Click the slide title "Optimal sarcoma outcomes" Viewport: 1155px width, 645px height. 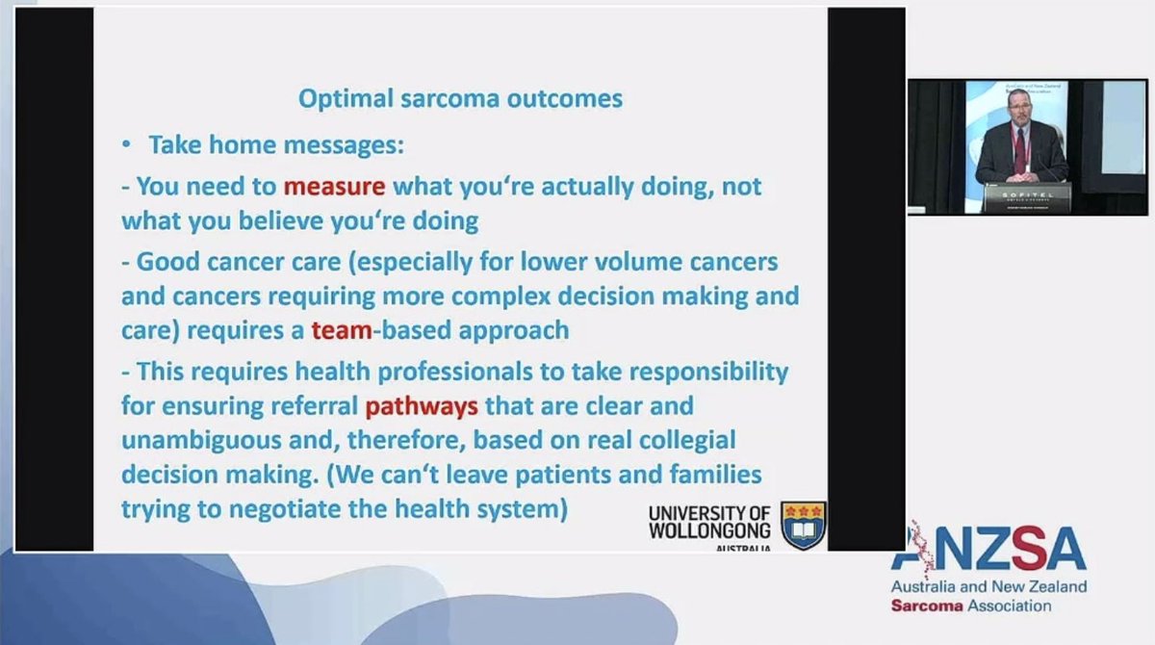[x=460, y=98]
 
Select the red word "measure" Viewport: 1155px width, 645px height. [x=334, y=183]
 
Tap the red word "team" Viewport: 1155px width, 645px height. [x=341, y=330]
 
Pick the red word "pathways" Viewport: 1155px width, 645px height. [x=422, y=405]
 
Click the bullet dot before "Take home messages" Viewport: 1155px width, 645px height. [x=126, y=145]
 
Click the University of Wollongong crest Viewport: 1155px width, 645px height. [x=804, y=525]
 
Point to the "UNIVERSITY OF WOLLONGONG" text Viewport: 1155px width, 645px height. [x=710, y=521]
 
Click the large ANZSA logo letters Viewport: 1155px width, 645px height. [x=991, y=549]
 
